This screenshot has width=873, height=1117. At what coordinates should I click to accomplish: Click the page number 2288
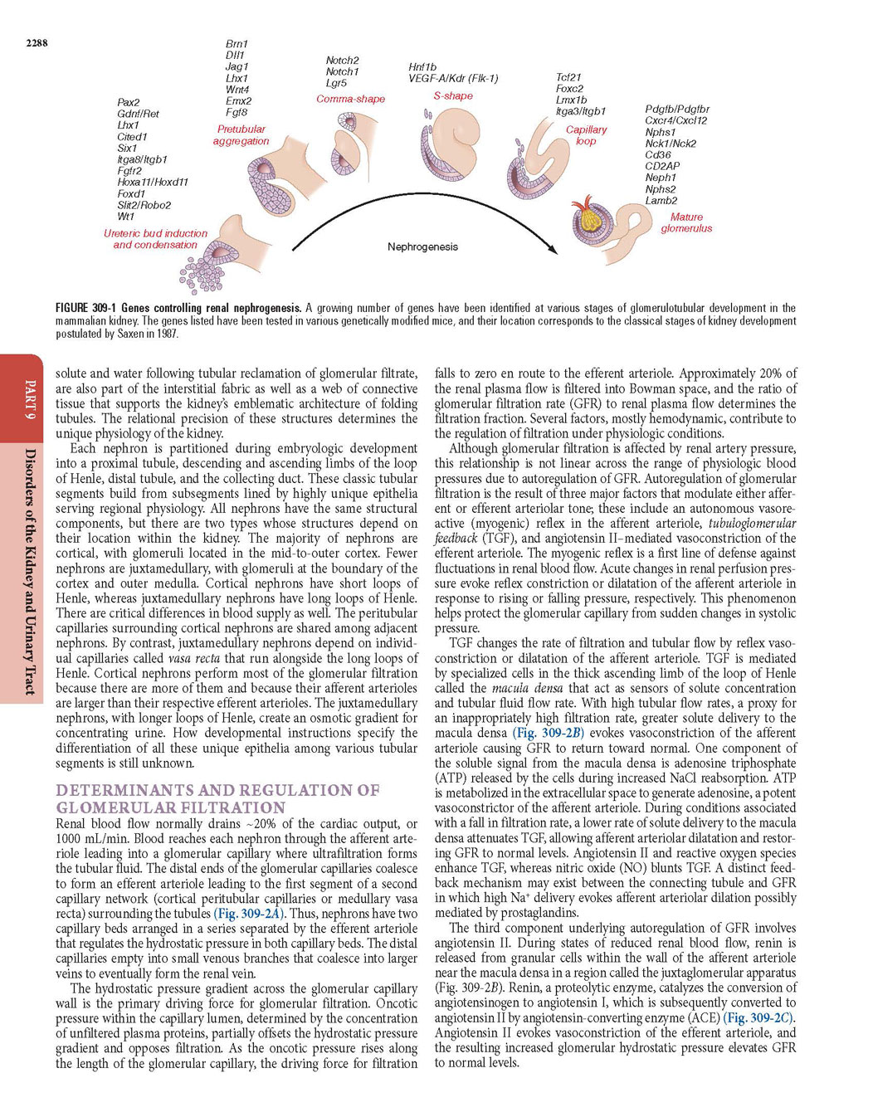click(x=37, y=43)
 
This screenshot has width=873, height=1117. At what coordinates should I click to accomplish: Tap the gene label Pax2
click(x=129, y=102)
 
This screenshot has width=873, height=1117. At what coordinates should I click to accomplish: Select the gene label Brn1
click(x=237, y=44)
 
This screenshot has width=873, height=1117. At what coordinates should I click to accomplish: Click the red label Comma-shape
click(x=350, y=99)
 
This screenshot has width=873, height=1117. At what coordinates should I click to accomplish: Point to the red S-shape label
click(x=453, y=95)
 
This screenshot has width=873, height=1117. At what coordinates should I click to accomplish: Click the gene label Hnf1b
click(x=422, y=67)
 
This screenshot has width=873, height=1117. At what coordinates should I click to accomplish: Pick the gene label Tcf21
click(x=568, y=77)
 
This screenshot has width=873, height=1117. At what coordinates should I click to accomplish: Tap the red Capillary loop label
click(x=586, y=134)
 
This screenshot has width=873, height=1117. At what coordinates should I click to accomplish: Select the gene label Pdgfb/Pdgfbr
click(x=677, y=109)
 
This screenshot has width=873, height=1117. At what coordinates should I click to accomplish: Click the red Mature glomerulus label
click(x=686, y=222)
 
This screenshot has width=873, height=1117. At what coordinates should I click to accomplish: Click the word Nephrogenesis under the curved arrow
click(x=422, y=246)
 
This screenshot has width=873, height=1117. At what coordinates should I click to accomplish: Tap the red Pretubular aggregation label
click(x=241, y=134)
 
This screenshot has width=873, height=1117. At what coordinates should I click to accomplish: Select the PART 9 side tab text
click(x=31, y=396)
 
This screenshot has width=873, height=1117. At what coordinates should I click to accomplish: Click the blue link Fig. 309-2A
click(x=249, y=914)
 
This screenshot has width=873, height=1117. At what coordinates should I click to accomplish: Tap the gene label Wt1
click(x=125, y=217)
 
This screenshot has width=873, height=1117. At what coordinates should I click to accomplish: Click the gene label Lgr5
click(x=336, y=83)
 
